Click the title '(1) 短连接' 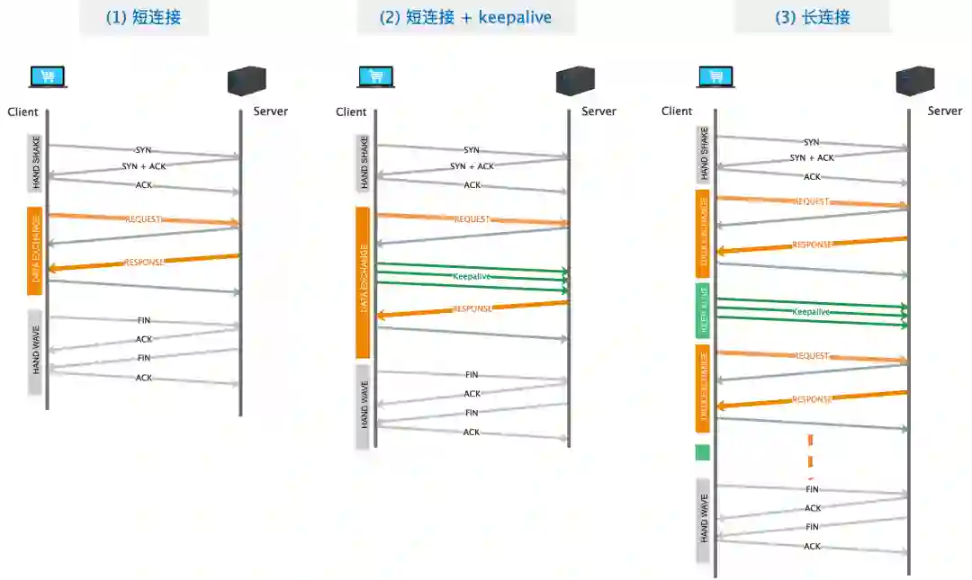click(x=144, y=17)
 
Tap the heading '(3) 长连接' click(x=813, y=17)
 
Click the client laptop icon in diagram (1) click(x=48, y=77)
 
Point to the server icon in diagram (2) click(x=574, y=81)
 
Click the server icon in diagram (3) click(x=914, y=81)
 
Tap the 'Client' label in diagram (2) click(x=351, y=112)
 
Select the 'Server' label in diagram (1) click(x=270, y=111)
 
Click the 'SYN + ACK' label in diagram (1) click(x=144, y=166)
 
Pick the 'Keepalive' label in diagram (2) click(x=472, y=276)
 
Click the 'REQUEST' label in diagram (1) click(x=144, y=219)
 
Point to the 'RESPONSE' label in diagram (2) click(x=472, y=308)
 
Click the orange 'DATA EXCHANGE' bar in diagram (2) click(x=364, y=282)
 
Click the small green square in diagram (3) click(x=703, y=452)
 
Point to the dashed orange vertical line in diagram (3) click(x=811, y=454)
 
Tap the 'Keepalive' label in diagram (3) click(x=811, y=311)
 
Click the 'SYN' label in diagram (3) click(x=811, y=142)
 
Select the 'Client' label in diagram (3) click(x=677, y=111)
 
